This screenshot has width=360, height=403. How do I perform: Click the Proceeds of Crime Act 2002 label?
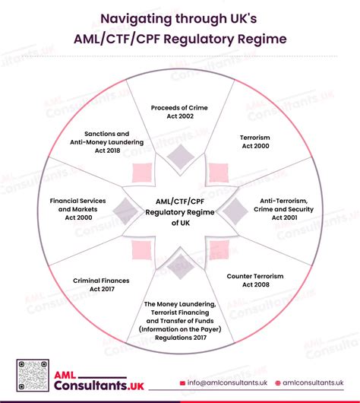point(180,113)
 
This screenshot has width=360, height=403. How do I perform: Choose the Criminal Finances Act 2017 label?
point(101,285)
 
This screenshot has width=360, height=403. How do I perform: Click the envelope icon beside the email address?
point(182,382)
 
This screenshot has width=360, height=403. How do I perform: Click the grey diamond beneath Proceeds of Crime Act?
point(180,157)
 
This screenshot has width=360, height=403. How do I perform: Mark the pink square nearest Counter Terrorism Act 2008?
point(218,249)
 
